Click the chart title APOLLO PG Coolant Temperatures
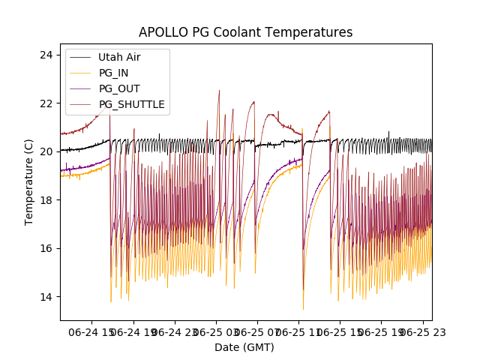pos(245,32)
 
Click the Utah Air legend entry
pos(119,57)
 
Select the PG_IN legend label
pos(113,73)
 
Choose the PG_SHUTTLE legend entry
pos(131,104)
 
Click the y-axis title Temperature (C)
pos(29,181)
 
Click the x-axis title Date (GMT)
pos(244,347)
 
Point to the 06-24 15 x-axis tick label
pos(94,331)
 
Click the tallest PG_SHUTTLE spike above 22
pos(219,91)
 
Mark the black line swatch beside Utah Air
pos(79,57)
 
